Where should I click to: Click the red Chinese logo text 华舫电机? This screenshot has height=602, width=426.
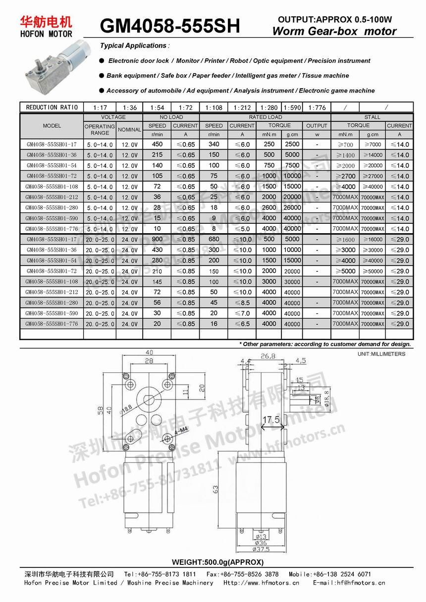coord(46,21)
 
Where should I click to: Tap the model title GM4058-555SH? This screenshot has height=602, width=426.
coord(170,26)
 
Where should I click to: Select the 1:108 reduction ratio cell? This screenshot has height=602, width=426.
coord(214,107)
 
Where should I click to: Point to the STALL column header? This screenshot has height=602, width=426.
coord(372,117)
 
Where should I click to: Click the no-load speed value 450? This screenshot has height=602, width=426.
coord(157,144)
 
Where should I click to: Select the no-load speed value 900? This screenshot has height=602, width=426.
coord(157,239)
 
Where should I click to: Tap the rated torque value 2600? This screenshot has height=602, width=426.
coord(269,207)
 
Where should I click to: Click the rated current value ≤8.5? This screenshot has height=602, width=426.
coord(242,302)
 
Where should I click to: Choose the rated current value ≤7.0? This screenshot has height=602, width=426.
coord(242,313)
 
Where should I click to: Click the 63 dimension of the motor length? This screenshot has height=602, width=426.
coord(215,489)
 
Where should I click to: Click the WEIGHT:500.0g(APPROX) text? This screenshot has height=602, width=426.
coord(217,562)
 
